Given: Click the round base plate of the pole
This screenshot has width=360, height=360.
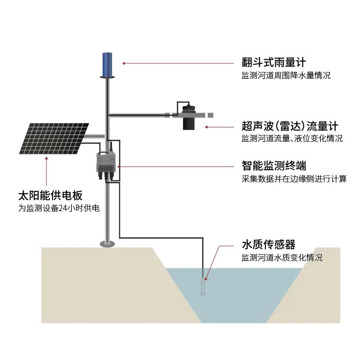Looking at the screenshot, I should click(108, 244).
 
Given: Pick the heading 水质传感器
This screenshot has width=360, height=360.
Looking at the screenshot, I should click(268, 245).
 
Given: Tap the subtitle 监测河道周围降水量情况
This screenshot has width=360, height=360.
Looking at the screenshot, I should click(286, 76).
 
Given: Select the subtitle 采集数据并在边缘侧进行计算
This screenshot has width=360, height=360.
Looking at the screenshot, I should click(294, 179).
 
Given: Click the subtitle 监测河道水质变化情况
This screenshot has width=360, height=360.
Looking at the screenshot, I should click(282, 258).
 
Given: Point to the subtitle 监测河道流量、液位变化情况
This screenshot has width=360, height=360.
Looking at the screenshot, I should click(292, 139).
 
